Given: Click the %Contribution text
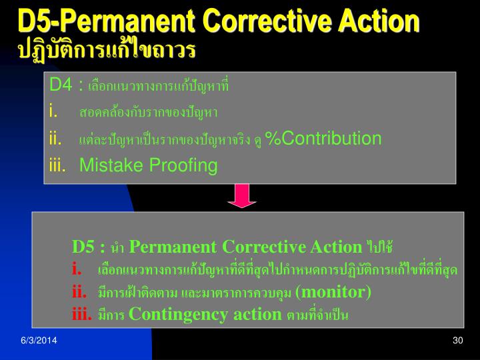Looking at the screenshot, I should point(323,139).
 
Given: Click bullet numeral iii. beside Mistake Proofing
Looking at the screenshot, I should point(58,165).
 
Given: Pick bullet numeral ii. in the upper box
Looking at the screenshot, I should point(56,139).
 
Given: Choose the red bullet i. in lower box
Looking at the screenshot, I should point(77,270).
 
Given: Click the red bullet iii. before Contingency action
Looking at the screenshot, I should point(82,314).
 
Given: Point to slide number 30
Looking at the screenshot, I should point(457,341).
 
